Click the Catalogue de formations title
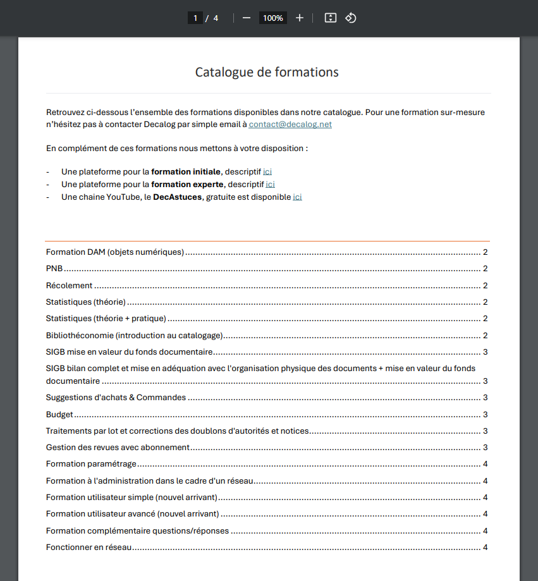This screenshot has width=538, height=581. click(x=266, y=72)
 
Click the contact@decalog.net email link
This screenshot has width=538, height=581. click(x=290, y=125)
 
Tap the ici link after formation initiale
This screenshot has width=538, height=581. click(x=267, y=171)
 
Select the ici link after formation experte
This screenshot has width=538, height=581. click(x=270, y=184)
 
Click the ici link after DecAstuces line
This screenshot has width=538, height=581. click(x=297, y=197)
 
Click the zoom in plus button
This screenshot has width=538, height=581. click(x=300, y=18)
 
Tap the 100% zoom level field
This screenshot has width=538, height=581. click(x=273, y=18)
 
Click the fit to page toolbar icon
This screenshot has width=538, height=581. click(x=330, y=18)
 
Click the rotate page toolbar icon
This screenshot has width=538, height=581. click(x=351, y=18)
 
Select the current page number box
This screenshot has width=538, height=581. click(x=195, y=18)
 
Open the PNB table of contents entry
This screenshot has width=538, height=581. click(x=54, y=269)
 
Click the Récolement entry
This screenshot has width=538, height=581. click(x=70, y=285)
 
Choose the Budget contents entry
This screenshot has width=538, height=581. click(x=59, y=415)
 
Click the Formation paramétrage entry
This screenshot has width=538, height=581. click(x=91, y=464)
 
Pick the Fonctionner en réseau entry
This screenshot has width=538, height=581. click(x=89, y=547)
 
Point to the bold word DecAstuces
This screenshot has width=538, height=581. click(x=177, y=197)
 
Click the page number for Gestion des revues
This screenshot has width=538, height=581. click(x=485, y=448)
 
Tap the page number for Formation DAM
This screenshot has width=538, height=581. click(x=485, y=252)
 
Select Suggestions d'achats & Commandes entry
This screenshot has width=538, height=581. click(x=116, y=398)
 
